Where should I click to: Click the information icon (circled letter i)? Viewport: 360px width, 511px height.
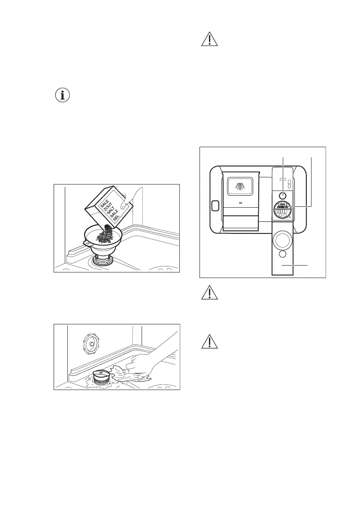click(x=63, y=96)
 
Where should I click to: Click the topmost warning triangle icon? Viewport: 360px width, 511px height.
click(x=210, y=39)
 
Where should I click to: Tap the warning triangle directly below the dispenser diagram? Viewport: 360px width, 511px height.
click(x=210, y=293)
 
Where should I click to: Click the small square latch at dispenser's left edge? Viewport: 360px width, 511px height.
click(x=215, y=206)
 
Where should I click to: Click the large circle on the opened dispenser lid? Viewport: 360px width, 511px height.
click(x=283, y=242)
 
